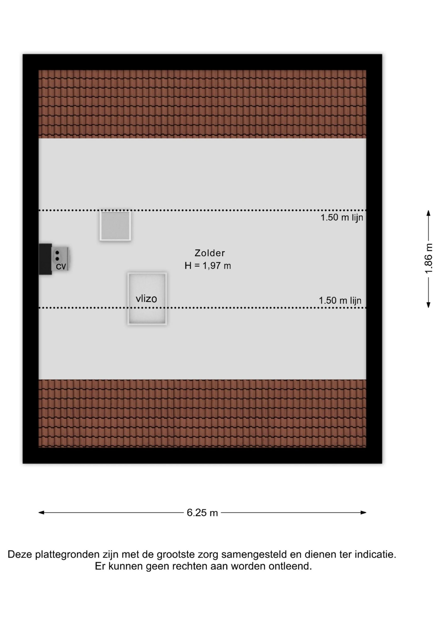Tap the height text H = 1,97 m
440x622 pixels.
pyautogui.click(x=208, y=266)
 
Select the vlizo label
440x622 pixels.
pyautogui.click(x=146, y=299)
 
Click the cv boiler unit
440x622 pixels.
pyautogui.click(x=60, y=259)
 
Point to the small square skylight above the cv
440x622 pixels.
pyautogui.click(x=115, y=226)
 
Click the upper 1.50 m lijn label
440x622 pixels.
pyautogui.click(x=342, y=217)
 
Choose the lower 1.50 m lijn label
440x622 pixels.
pyautogui.click(x=340, y=300)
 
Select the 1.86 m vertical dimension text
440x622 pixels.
pyautogui.click(x=428, y=259)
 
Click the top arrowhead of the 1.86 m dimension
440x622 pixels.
pyautogui.click(x=428, y=213)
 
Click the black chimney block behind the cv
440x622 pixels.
pyautogui.click(x=45, y=259)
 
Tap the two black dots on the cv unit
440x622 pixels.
pyautogui.click(x=57, y=255)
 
